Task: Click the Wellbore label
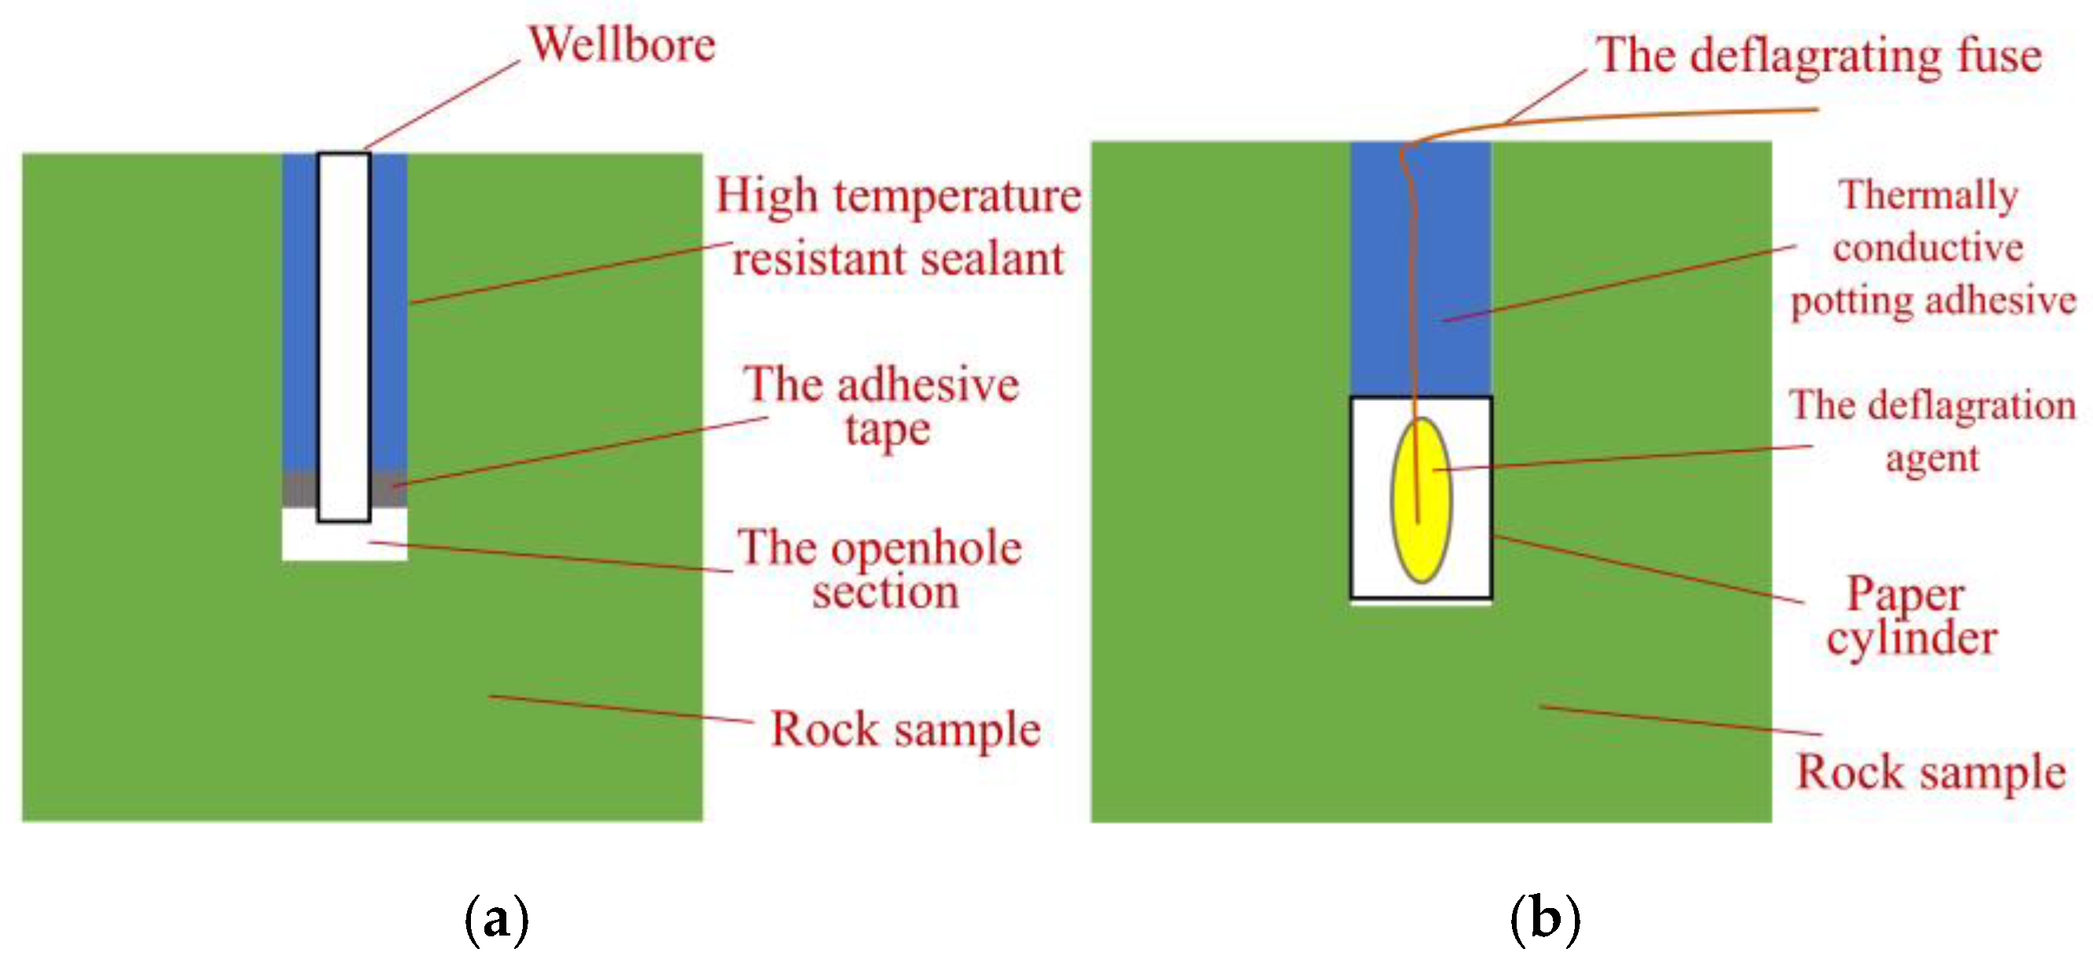pos(623,45)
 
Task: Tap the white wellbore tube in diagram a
pos(344,325)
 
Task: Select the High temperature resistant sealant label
pos(898,227)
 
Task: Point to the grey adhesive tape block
pos(299,489)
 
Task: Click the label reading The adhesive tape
pos(881,406)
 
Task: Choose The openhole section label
pos(880,569)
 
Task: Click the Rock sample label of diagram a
pos(905,729)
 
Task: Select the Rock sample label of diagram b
pos(1930,772)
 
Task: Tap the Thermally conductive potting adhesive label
pos(1932,248)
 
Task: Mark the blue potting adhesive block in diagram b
pos(1455,268)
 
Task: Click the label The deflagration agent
pos(1932,431)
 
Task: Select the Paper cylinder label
pos(1909,616)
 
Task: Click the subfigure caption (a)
pos(496,919)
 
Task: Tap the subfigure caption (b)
pos(1544,919)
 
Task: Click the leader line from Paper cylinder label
pos(1650,569)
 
